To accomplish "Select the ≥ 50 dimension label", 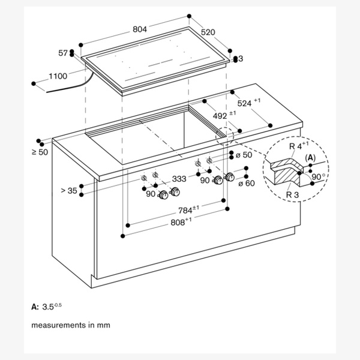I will (40, 153).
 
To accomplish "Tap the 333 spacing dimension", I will (179, 179).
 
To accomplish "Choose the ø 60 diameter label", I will (247, 183).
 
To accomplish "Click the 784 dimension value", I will (187, 210).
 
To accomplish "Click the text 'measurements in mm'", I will (71, 325).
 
